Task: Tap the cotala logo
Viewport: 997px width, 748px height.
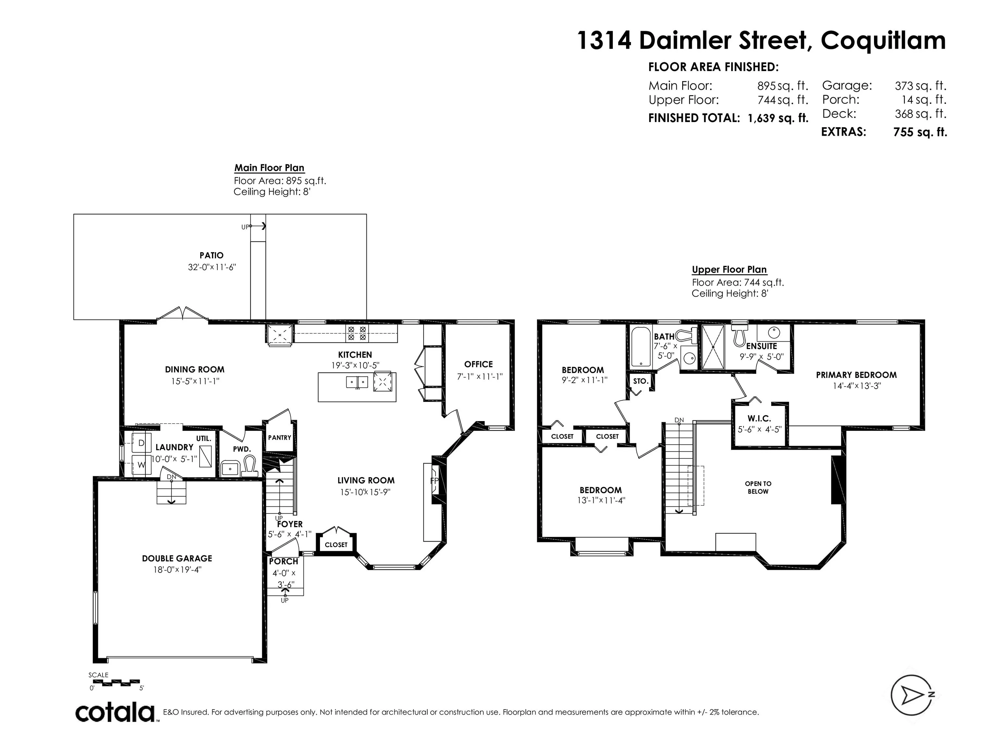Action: coord(115,712)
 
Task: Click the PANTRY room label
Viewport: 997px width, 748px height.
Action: coord(279,437)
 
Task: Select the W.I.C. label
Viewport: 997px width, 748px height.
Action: coord(759,418)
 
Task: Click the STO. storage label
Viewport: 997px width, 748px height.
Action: coord(640,381)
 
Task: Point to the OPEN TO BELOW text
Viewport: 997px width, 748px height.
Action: coord(758,487)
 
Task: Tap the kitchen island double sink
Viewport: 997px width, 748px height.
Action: coord(357,382)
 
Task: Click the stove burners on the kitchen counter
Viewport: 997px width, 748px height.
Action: coord(357,333)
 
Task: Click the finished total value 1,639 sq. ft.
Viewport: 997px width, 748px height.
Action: coord(778,118)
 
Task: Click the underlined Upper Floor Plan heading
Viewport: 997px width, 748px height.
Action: coord(729,269)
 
